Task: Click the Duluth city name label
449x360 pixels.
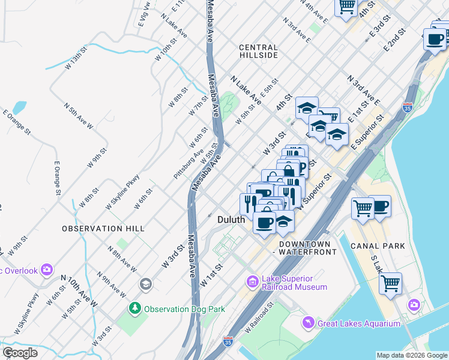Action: click(231, 220)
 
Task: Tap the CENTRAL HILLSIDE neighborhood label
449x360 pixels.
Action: click(258, 51)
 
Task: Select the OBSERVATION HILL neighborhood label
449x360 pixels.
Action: click(103, 229)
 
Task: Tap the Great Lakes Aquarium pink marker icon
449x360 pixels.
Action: click(309, 323)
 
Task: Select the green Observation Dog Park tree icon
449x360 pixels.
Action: click(136, 309)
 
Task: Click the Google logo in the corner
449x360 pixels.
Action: click(20, 353)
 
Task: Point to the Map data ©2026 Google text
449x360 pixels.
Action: click(411, 355)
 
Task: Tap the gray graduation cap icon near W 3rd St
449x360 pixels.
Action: click(145, 283)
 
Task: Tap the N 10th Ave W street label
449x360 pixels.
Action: click(79, 291)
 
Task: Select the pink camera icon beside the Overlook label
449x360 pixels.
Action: click(46, 270)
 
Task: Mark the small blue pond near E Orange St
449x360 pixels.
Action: click(19, 108)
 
